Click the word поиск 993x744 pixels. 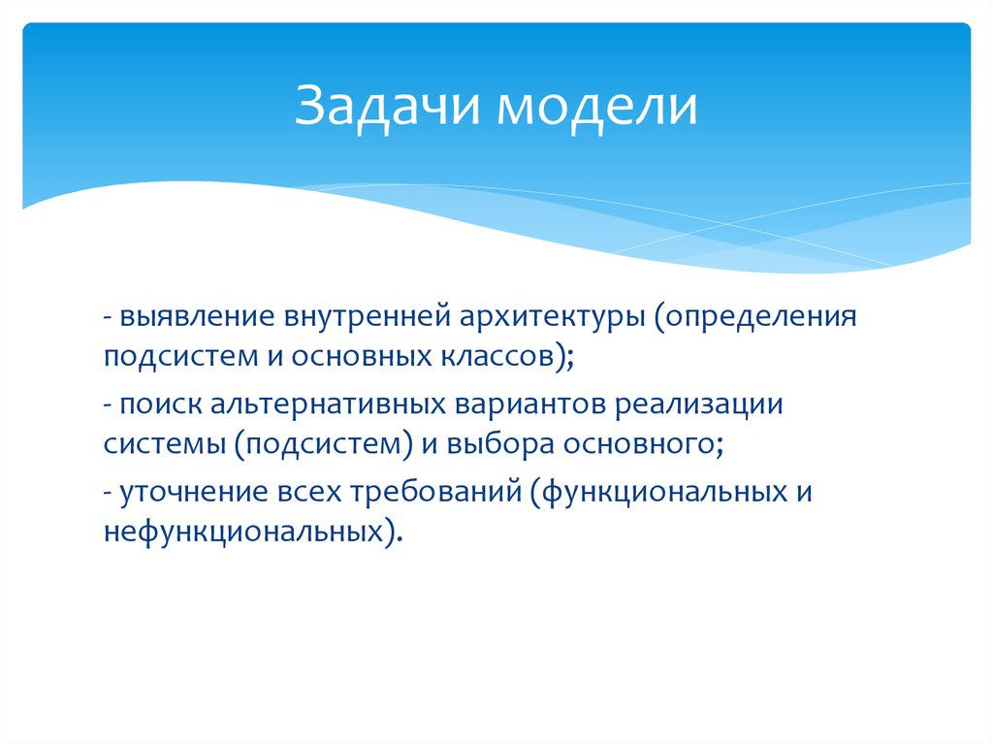[x=151, y=404]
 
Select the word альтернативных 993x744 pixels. [x=301, y=404]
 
